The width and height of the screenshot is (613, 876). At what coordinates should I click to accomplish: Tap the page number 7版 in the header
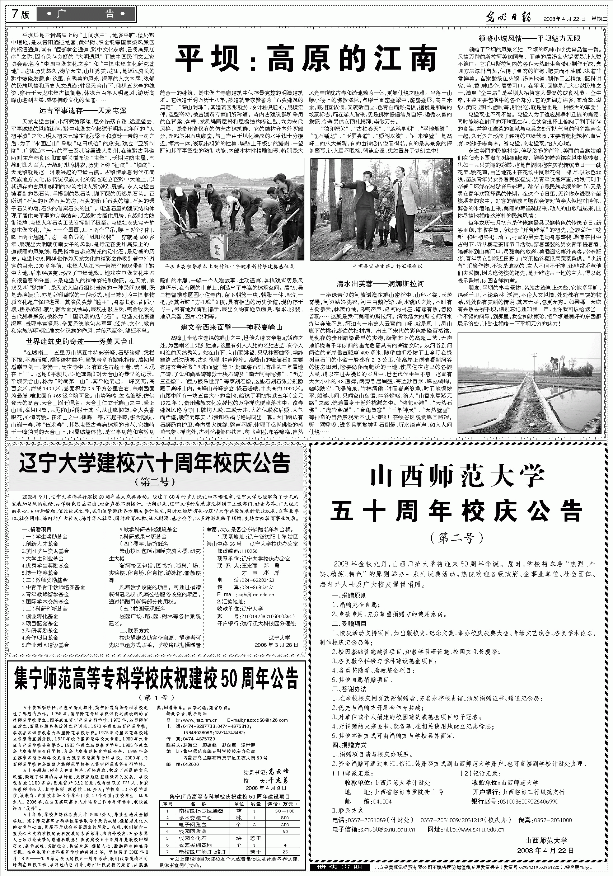pos(20,14)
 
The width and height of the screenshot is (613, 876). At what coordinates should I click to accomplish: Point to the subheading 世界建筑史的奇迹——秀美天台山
pos(80,341)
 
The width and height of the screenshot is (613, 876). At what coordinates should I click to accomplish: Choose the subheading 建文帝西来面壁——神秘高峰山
pos(231,326)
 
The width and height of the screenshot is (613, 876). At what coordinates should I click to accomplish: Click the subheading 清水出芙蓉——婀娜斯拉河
pos(380,284)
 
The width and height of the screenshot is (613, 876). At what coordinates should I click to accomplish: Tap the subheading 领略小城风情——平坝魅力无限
pos(529,38)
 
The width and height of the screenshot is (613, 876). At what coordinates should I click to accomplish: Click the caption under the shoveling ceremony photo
pos(229,266)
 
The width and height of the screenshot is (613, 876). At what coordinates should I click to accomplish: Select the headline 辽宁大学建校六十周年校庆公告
pos(155,463)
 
